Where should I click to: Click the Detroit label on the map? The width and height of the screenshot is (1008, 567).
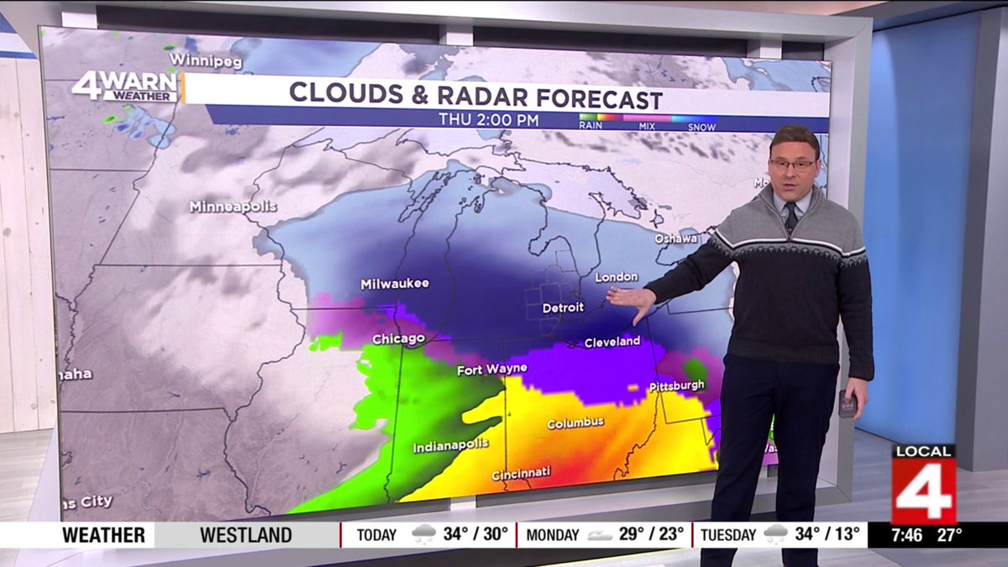(x=563, y=308)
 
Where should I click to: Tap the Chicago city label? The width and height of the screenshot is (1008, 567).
(x=397, y=339)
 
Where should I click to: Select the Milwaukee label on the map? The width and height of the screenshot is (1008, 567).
(x=395, y=284)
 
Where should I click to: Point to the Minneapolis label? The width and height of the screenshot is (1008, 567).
(x=233, y=207)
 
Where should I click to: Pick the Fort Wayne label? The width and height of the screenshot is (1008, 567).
(x=491, y=369)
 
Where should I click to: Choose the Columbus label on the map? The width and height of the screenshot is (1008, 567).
(x=575, y=423)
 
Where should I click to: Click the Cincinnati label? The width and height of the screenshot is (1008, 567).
(x=521, y=474)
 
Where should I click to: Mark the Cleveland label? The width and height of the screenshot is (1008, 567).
(x=612, y=342)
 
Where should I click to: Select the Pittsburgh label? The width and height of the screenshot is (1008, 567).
(x=676, y=386)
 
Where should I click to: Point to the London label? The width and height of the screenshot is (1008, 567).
(x=617, y=276)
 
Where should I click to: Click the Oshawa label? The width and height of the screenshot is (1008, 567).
(x=676, y=239)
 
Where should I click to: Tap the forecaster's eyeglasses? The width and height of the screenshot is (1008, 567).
(x=792, y=165)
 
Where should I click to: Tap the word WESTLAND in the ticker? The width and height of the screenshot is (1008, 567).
(x=246, y=535)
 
